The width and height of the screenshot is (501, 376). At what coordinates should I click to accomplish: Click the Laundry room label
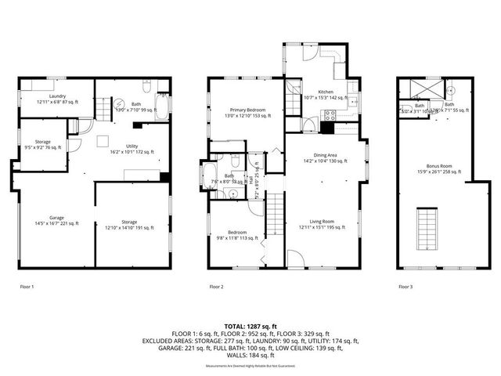(x=52, y=98)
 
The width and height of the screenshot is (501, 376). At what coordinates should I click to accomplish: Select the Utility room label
(x=132, y=150)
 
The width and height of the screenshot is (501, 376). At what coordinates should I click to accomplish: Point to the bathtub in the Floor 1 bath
(x=163, y=107)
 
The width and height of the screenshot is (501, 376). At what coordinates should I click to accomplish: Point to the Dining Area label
(x=324, y=157)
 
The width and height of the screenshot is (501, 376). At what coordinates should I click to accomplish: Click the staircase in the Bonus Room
(x=427, y=227)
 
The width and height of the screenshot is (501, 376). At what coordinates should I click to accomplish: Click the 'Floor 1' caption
(x=27, y=287)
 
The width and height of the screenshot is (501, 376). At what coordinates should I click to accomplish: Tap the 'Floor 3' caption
(x=404, y=287)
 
